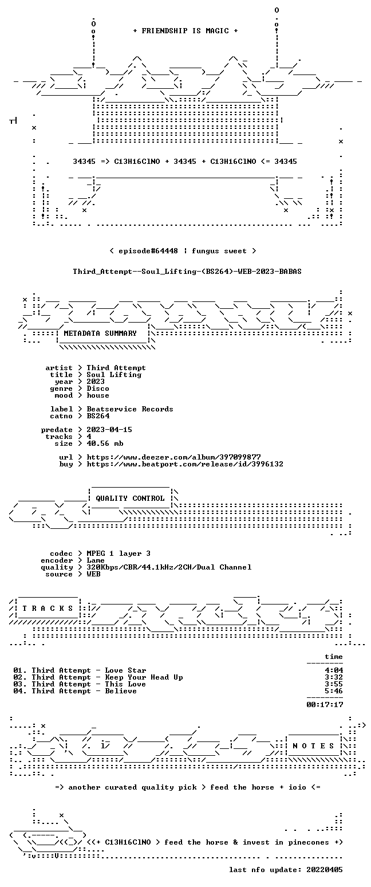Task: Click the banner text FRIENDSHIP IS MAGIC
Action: pos(185,31)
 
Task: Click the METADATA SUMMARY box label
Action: pos(100,333)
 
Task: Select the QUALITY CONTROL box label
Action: pos(130,499)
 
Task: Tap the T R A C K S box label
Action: pos(48,608)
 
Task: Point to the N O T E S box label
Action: pos(313,746)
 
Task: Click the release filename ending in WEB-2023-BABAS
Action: pos(187,272)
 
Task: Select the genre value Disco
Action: pos(98,388)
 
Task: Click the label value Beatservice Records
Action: pos(130,409)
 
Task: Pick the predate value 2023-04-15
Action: pos(109,430)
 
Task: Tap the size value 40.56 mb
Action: pos(105,443)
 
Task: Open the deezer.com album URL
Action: pos(173,457)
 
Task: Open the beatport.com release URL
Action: pos(185,464)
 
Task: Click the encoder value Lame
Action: pos(95,560)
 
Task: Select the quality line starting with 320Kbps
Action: pos(169,567)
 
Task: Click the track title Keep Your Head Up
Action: pos(144,677)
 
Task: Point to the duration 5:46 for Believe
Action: pos(333,691)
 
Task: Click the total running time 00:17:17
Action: pos(325,705)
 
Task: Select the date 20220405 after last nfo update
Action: pos(324,870)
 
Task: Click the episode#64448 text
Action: pos(148,251)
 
